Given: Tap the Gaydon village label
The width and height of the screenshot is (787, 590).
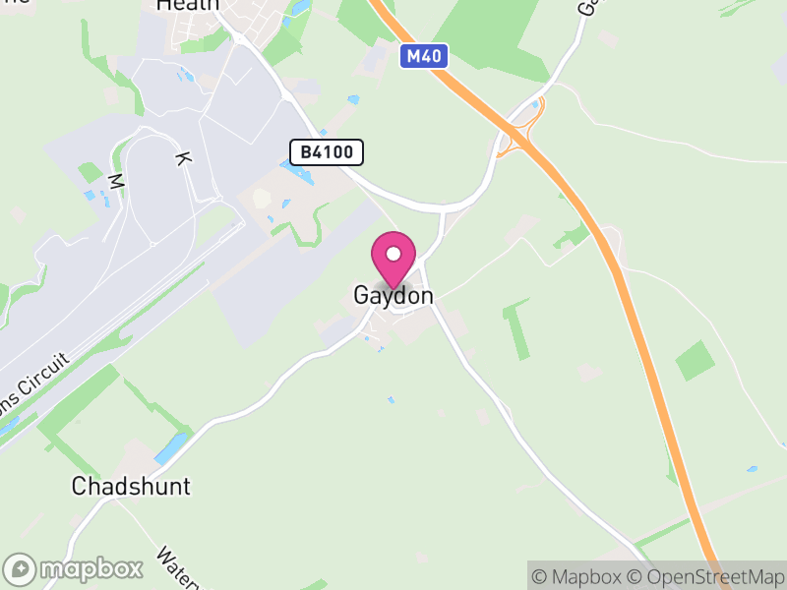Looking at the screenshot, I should tap(393, 296).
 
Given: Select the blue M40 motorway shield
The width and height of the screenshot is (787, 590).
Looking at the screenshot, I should tap(425, 57).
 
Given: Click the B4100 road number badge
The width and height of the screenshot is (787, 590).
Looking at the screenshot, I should tap(327, 152).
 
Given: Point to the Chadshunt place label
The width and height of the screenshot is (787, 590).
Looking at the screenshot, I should tap(131, 486).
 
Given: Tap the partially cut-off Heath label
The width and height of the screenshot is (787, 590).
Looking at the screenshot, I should tap(187, 5).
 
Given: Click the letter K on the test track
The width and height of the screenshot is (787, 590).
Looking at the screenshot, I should tap(181, 157).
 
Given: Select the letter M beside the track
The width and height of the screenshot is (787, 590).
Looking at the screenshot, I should tap(115, 181).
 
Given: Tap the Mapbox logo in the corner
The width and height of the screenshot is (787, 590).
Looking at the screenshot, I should tap(74, 568).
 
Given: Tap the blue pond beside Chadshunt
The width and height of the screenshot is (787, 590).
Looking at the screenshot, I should tap(169, 448).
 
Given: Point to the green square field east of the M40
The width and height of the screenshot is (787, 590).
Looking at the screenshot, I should tap(696, 361).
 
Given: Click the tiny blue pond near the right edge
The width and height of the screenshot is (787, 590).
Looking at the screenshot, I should tap(752, 469).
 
